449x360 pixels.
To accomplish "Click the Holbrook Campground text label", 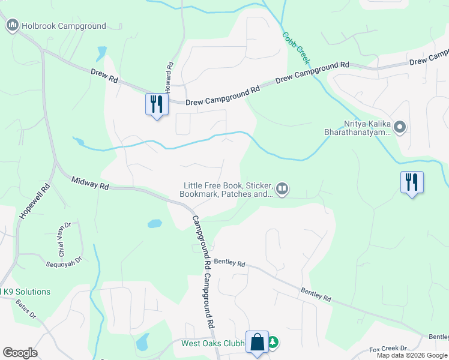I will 64,26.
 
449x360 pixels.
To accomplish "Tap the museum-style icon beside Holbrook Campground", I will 12,26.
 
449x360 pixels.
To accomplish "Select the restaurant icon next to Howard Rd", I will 157,104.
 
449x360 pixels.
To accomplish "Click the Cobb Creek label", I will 297,48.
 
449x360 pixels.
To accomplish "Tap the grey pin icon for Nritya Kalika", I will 401,127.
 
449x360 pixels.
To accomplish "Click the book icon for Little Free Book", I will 282,190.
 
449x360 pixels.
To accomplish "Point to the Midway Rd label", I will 89,182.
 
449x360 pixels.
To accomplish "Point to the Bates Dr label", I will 26,308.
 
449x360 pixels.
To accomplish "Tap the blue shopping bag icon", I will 258,343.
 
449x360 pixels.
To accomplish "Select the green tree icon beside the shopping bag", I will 273,343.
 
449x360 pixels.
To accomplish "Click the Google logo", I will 20,353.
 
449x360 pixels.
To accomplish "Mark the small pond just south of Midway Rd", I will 154,224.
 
